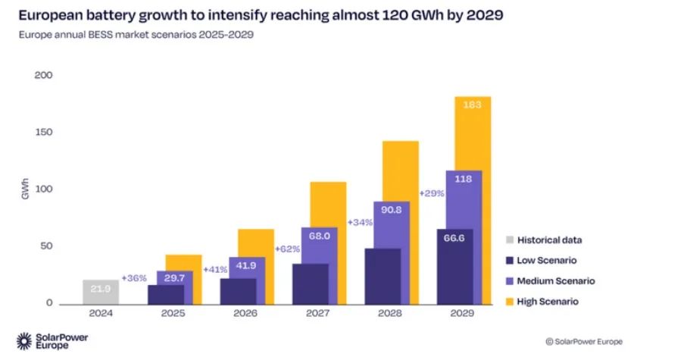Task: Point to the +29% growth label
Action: [x=431, y=193]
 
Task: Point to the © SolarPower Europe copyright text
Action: [x=583, y=342]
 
